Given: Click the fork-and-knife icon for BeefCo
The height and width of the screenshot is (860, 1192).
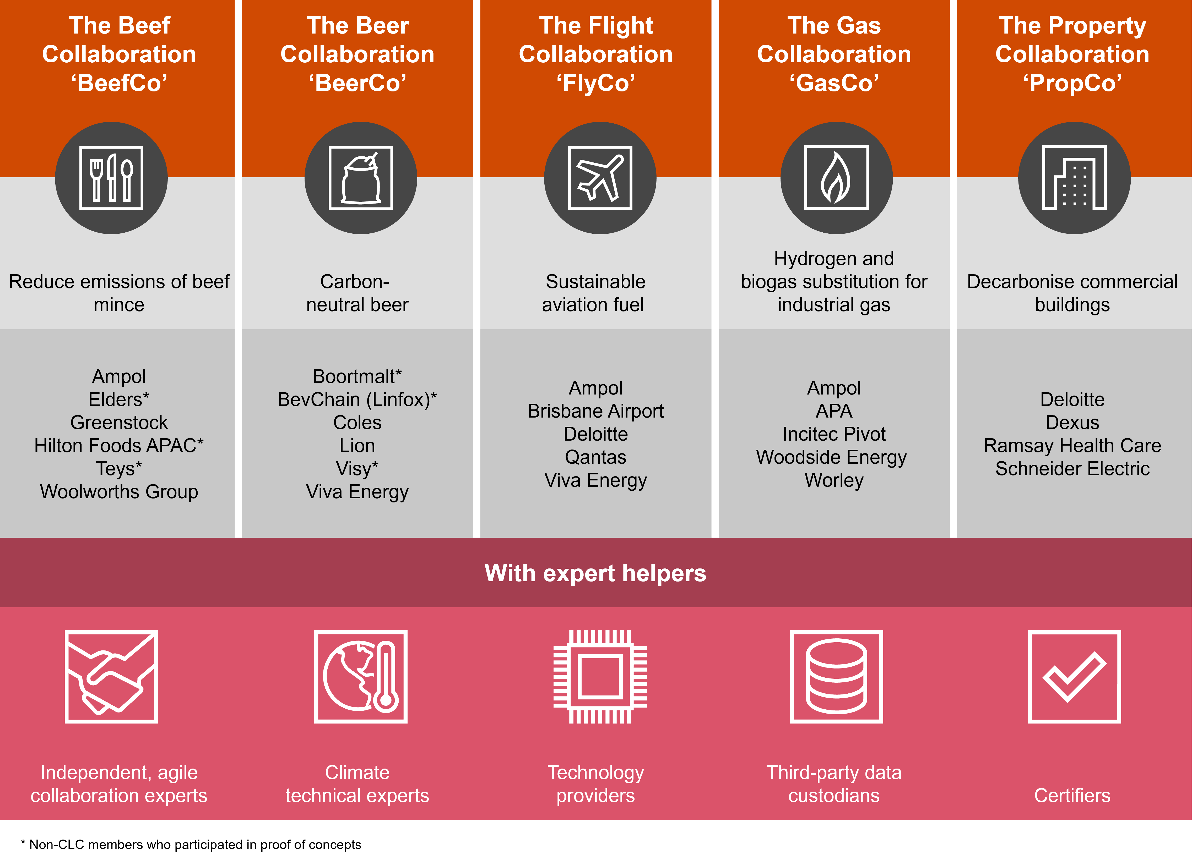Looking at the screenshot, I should [111, 178].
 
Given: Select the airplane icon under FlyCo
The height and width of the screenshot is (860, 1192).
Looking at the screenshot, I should [600, 178].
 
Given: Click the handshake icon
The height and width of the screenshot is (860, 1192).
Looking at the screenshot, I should [111, 677].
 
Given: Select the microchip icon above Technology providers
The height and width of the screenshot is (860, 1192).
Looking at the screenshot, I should [600, 677].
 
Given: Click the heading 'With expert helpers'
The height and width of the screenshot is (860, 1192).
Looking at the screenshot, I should [595, 573].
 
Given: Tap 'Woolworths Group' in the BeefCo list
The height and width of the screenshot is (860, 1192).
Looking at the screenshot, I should [119, 492].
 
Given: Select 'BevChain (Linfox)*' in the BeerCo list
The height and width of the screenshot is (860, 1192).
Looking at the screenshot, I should [357, 400].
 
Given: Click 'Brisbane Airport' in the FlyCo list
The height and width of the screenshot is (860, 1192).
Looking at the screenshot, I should [595, 411].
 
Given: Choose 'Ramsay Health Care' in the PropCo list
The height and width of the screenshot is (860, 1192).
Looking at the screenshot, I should [1072, 446].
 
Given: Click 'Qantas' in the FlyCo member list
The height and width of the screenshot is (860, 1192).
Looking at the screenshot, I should [595, 458].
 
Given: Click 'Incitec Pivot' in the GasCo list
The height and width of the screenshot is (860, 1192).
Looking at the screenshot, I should [834, 435].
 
